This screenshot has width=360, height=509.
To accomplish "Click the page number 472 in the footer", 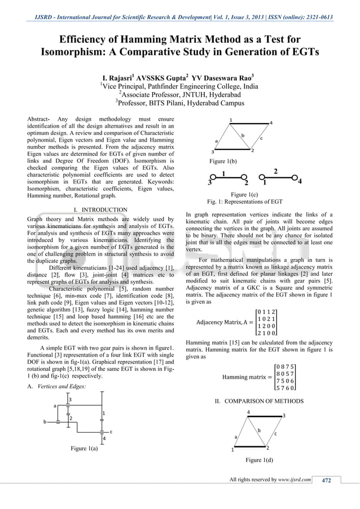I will click(326, 480).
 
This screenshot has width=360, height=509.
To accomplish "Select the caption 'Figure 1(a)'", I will click(84, 449).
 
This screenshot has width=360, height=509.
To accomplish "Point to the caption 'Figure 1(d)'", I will click(260, 460).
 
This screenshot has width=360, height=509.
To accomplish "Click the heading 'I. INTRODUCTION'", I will click(100, 210).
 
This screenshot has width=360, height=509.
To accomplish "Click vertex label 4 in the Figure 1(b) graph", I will click(271, 122).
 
